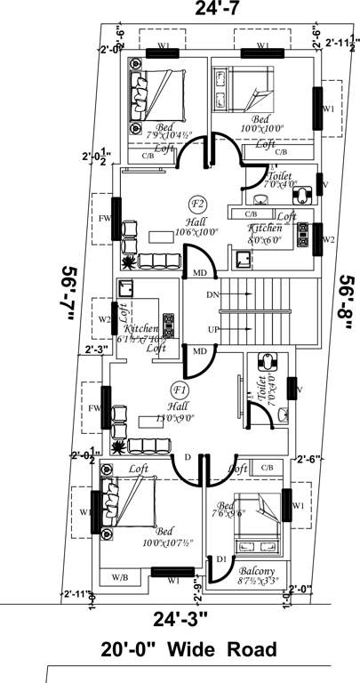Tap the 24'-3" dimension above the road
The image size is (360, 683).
pyautogui.click(x=180, y=617)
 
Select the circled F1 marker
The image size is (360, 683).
pyautogui.click(x=180, y=390)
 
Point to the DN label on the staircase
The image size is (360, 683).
pyautogui.click(x=211, y=293)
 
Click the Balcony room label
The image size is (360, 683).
pyautogui.click(x=258, y=571)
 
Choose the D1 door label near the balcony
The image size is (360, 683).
pyautogui.click(x=221, y=558)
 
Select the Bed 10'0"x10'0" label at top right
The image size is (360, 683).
pyautogui.click(x=262, y=124)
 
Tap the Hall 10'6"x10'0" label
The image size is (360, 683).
pyautogui.click(x=195, y=225)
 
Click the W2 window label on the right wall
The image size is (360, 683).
pyautogui.click(x=329, y=239)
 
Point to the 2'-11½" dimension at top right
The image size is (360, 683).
pyautogui.click(x=342, y=42)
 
